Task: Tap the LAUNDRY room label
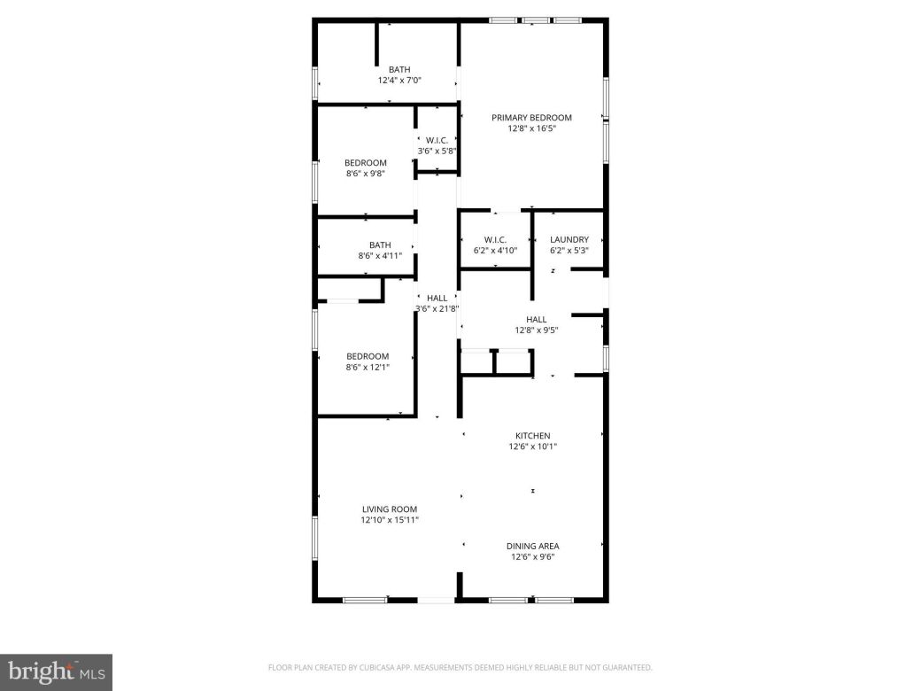569,239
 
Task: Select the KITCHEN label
532,436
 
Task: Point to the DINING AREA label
532,546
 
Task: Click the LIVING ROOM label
389,509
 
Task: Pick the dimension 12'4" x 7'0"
399,81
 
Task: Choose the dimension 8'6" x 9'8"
365,174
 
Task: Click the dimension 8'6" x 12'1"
367,368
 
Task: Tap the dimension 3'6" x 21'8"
437,309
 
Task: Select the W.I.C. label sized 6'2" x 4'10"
494,239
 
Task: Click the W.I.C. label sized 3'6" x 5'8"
437,140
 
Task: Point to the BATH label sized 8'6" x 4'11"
380,245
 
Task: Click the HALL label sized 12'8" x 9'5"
536,319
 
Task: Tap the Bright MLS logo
55,672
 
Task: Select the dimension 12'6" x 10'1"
532,446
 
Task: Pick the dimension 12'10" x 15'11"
389,520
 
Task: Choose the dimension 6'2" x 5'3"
569,250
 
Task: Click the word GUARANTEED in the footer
623,667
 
